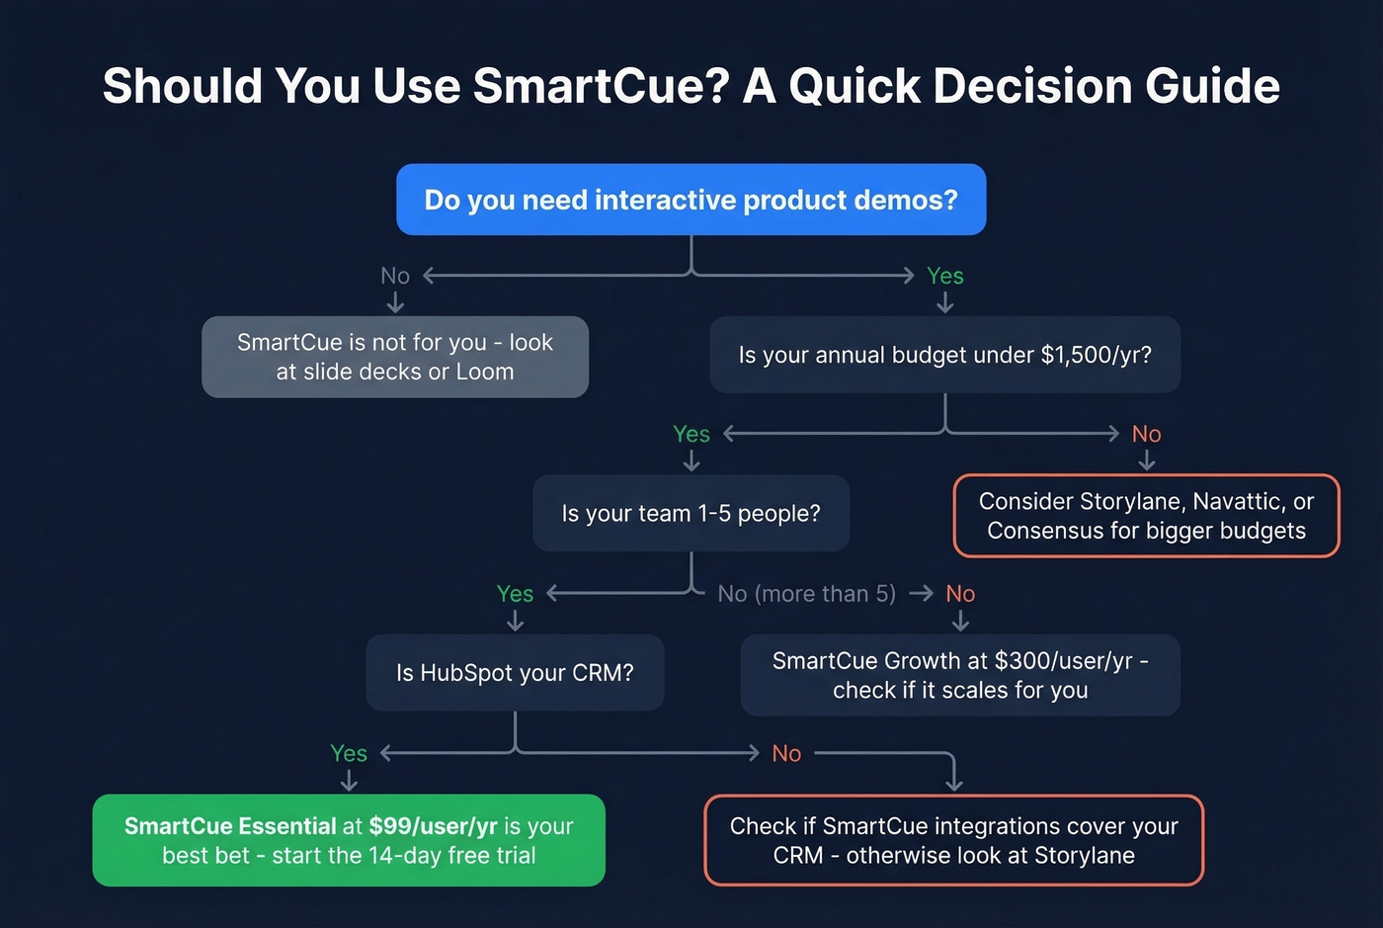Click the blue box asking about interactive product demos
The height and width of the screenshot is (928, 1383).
point(691,200)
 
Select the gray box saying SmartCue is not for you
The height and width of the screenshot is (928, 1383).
point(395,357)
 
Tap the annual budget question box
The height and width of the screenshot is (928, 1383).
point(944,355)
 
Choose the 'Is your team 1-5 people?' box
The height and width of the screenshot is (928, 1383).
point(691,513)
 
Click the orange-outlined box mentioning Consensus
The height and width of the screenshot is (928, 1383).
point(1146,516)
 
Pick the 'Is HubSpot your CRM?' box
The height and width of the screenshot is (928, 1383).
point(515,673)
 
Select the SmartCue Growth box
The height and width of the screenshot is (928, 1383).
point(959,675)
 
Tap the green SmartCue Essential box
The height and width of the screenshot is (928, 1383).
point(349,840)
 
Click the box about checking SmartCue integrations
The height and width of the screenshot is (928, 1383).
point(953,840)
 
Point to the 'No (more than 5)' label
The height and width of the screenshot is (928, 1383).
point(806,594)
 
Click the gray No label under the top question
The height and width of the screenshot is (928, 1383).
point(395,276)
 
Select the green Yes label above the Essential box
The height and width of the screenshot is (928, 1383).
point(349,753)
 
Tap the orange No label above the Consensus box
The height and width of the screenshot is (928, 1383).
point(1146,434)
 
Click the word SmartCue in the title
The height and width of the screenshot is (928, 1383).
point(601,86)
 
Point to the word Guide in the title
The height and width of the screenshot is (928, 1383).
point(1212,86)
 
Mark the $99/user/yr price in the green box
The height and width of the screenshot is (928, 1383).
point(433,826)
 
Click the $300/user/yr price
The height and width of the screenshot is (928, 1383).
point(1063,661)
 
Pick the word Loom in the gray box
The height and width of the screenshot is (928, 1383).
point(484,372)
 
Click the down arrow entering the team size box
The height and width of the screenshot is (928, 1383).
point(691,461)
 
